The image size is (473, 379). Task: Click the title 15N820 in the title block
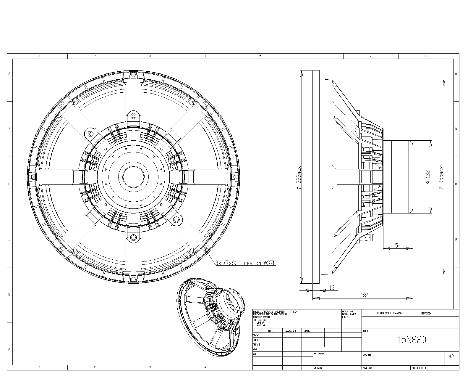coord(412,340)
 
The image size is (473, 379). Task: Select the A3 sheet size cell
coord(451,356)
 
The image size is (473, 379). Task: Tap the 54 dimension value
coord(398,245)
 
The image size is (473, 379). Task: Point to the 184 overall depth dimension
coord(365,295)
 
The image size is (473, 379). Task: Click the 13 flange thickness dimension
coord(332,288)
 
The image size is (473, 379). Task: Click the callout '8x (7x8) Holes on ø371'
coord(245,263)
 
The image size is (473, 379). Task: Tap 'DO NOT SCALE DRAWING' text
coord(389,313)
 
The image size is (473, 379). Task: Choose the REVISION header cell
coord(426,313)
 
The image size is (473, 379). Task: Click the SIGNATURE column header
coord(291,331)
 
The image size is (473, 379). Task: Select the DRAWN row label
coord(256,335)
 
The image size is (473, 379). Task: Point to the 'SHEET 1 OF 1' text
coord(419,368)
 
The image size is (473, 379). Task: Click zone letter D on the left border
coord(9,239)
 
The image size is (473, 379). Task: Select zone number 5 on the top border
coord(260,56)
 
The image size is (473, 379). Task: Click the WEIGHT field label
coord(318,368)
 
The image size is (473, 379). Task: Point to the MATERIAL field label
coord(319,354)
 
